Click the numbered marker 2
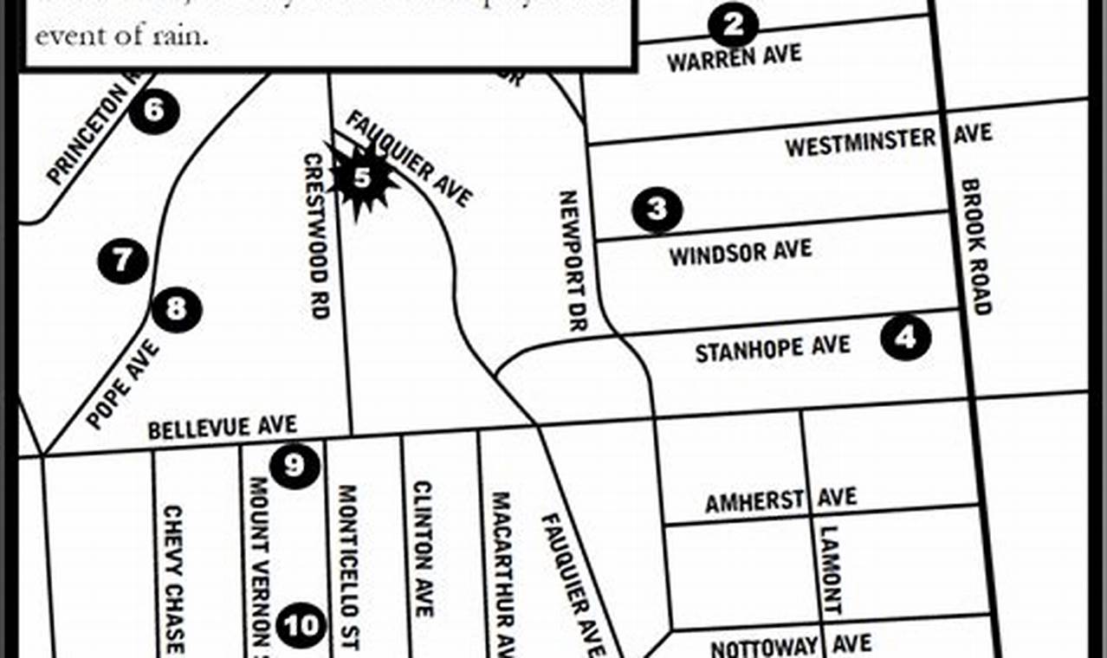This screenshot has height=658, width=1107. (x=733, y=25)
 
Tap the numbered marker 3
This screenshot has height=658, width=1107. (x=657, y=209)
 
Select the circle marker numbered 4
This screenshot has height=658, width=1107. (x=906, y=338)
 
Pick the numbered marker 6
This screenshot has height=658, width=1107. (x=154, y=111)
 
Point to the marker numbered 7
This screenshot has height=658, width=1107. (x=122, y=259)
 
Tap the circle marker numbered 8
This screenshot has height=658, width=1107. (x=177, y=308)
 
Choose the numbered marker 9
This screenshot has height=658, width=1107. (x=295, y=466)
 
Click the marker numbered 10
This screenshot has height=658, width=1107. (x=302, y=624)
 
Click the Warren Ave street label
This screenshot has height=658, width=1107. (x=734, y=58)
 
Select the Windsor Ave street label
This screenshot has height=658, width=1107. (x=741, y=253)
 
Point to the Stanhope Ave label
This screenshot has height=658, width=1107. (x=773, y=348)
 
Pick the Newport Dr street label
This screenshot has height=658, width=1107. (x=573, y=261)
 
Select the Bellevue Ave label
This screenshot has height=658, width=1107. (x=222, y=428)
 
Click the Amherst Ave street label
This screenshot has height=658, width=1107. (x=780, y=500)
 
